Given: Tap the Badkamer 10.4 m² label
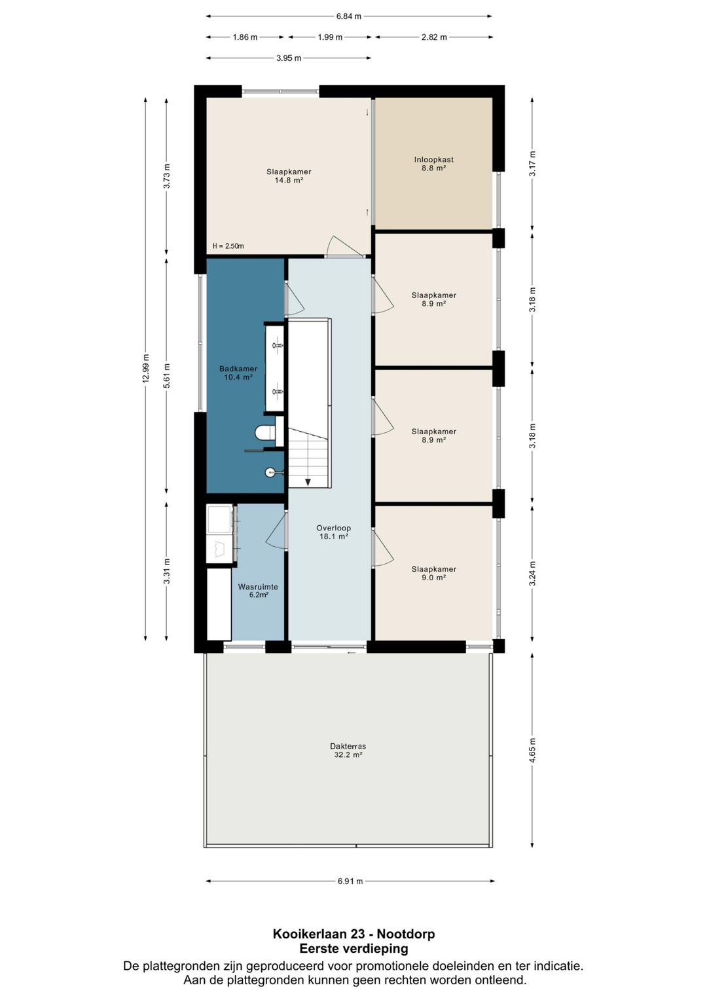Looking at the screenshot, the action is (x=238, y=373).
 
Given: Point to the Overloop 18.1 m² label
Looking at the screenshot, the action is (x=334, y=532).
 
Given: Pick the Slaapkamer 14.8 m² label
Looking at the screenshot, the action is (x=289, y=176).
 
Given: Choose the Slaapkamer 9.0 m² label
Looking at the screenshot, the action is (x=434, y=573).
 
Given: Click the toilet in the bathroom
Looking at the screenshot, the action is (x=265, y=432).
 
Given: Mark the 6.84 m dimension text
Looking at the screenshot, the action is (x=348, y=16).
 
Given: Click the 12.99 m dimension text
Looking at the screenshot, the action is (x=146, y=369).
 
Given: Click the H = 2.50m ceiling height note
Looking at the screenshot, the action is (x=228, y=246).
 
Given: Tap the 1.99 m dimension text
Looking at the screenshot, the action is (x=330, y=37).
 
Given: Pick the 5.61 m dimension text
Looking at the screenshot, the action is (x=167, y=376).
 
